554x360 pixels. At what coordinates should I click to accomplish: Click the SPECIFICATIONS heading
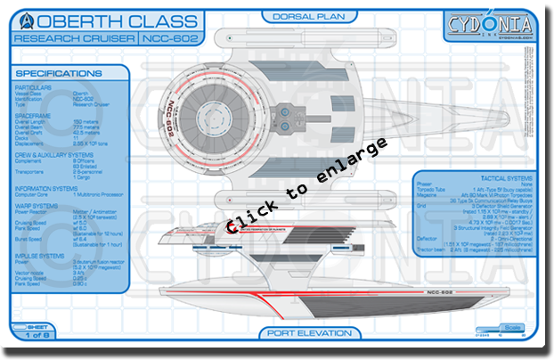click(59, 73)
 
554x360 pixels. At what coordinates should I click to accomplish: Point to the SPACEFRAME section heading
click(35, 114)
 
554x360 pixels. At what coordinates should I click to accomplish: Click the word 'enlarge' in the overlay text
click(351, 171)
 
